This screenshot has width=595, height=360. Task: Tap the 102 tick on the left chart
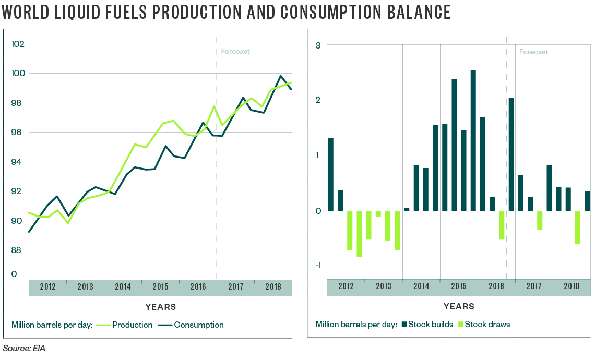point(18,44)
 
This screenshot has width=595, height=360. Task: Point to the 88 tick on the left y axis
point(18,250)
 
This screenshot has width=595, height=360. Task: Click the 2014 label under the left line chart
point(123,287)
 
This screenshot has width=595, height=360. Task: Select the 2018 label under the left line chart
point(273,287)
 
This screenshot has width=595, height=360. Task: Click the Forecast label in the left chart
point(235,51)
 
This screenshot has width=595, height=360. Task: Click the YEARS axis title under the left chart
point(160,307)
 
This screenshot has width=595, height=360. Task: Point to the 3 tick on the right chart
point(318,46)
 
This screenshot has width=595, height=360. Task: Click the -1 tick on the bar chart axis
point(316,266)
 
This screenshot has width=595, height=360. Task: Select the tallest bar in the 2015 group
point(473,140)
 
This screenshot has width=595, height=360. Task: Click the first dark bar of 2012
point(331,174)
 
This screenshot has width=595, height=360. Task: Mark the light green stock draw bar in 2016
point(502,225)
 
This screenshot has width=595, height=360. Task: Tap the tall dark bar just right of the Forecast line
point(511,154)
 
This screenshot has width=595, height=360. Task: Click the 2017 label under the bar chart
point(534,286)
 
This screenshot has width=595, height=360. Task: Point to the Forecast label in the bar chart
point(533,52)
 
